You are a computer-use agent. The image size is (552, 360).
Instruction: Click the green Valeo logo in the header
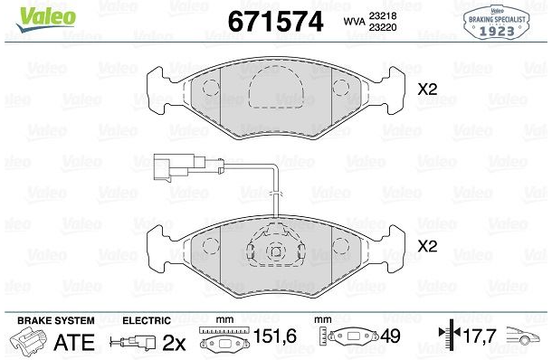(x=46, y=18)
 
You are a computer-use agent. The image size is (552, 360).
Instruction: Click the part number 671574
(x=276, y=22)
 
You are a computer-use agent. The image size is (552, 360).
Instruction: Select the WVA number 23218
(x=383, y=16)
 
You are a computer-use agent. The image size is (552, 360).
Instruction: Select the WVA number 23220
(x=383, y=27)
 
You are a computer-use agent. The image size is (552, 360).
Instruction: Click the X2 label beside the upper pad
(x=427, y=90)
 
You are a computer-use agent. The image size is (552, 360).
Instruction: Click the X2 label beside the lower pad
(x=427, y=246)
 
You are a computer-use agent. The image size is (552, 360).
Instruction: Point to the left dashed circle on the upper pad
(x=211, y=88)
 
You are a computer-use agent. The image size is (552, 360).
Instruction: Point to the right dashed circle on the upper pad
(x=341, y=88)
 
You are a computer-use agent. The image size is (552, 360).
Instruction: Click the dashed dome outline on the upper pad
(x=276, y=66)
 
